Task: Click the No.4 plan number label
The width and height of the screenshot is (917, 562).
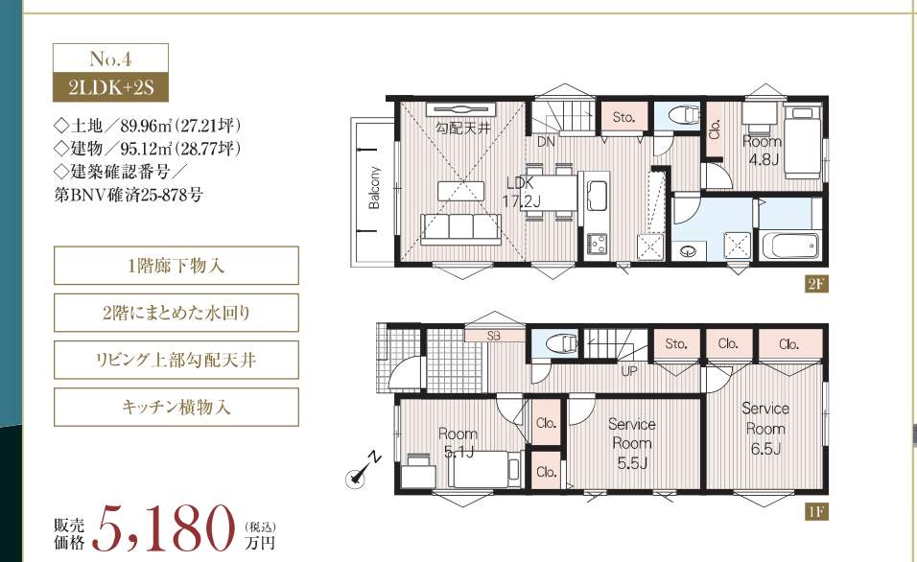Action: coord(110,58)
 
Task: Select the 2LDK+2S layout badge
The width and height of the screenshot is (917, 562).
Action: coord(110,88)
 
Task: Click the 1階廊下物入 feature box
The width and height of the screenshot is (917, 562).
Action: coord(176,266)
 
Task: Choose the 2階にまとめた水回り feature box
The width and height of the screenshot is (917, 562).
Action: coord(176,313)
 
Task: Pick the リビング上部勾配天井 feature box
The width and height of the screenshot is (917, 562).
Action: coord(176,361)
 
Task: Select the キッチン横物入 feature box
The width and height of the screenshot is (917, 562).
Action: coord(176,407)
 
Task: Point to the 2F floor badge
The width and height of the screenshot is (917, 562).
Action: coord(815,285)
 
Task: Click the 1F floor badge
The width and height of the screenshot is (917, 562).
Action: coord(815,511)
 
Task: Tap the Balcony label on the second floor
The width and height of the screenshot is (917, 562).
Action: coord(375,188)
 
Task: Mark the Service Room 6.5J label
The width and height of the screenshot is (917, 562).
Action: coord(764,429)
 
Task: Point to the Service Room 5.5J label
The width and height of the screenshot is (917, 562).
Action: coord(631,444)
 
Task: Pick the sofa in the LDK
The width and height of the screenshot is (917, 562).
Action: coord(460,229)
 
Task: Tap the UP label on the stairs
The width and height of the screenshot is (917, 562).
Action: coord(630,369)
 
